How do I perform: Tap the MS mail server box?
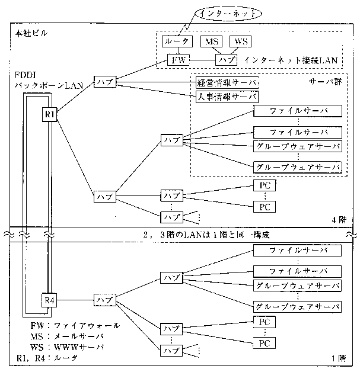click(x=211, y=41)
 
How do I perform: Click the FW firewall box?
click(x=177, y=60)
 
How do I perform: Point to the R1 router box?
click(x=49, y=113)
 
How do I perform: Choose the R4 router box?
click(x=49, y=300)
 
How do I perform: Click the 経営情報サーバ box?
click(x=227, y=84)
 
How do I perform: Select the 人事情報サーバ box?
click(x=227, y=97)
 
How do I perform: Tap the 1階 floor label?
click(x=341, y=359)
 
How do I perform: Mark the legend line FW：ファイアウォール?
click(x=75, y=326)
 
